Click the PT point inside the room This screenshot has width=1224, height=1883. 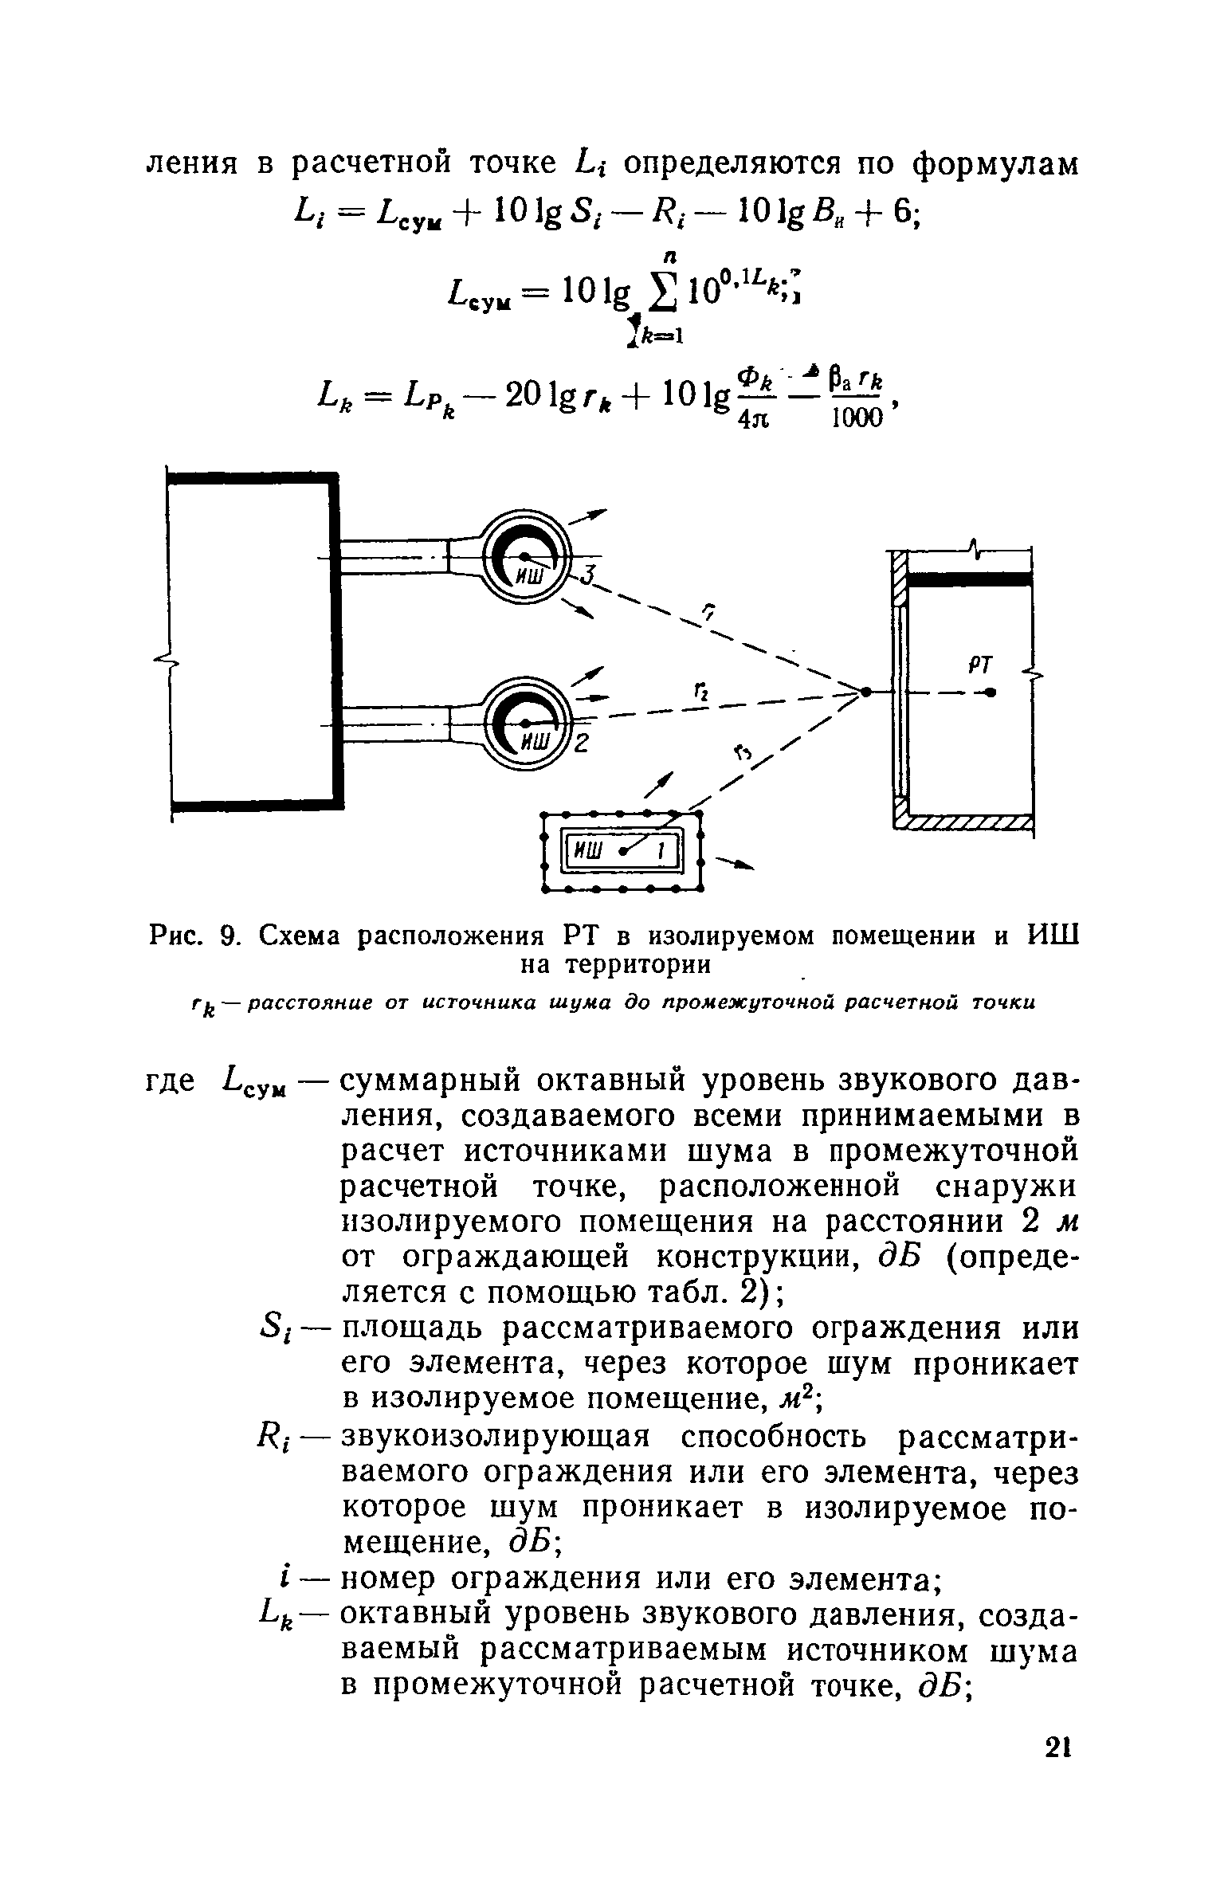[x=991, y=692]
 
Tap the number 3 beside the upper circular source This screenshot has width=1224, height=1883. [x=588, y=575]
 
